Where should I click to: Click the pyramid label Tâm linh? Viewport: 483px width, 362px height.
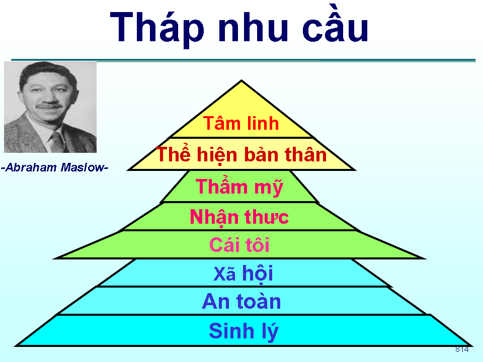(x=241, y=123)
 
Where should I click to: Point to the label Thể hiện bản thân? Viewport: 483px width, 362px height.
(x=242, y=154)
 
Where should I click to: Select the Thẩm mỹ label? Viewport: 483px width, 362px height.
(x=239, y=187)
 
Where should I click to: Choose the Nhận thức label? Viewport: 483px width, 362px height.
(x=239, y=217)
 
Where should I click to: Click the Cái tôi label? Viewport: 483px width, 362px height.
(x=239, y=245)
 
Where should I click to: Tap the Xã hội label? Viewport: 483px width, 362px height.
(x=243, y=274)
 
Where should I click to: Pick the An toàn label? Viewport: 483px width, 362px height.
(x=242, y=302)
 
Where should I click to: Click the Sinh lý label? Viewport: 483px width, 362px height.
(x=244, y=331)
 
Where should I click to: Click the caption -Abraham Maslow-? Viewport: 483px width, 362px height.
(x=55, y=167)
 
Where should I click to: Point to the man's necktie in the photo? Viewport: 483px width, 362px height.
(x=57, y=140)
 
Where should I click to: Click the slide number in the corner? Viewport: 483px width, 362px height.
(x=462, y=349)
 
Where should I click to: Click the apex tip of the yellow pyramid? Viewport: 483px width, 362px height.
(x=242, y=81)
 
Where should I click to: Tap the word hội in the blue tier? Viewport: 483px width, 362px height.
(x=257, y=274)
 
